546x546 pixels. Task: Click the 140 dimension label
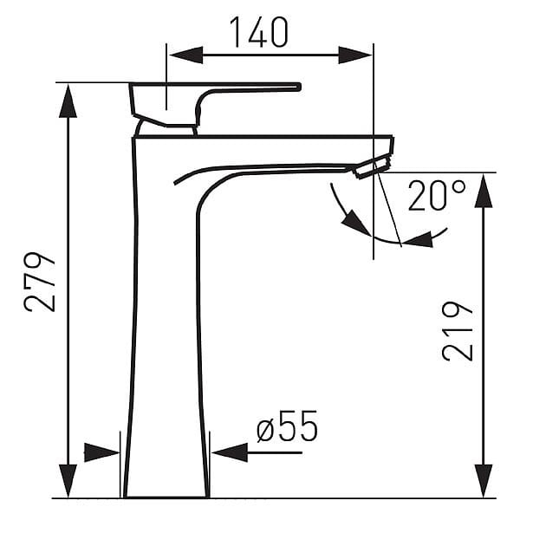[x=259, y=32]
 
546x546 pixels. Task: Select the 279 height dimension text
[x=39, y=282]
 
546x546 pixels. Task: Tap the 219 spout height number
[x=458, y=331]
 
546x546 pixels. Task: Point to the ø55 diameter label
[x=287, y=426]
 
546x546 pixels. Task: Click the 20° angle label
[x=437, y=195]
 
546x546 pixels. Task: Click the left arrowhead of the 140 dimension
[x=186, y=55]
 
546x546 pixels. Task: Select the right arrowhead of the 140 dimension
[x=355, y=55]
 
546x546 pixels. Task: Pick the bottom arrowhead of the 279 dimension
[x=68, y=481]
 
